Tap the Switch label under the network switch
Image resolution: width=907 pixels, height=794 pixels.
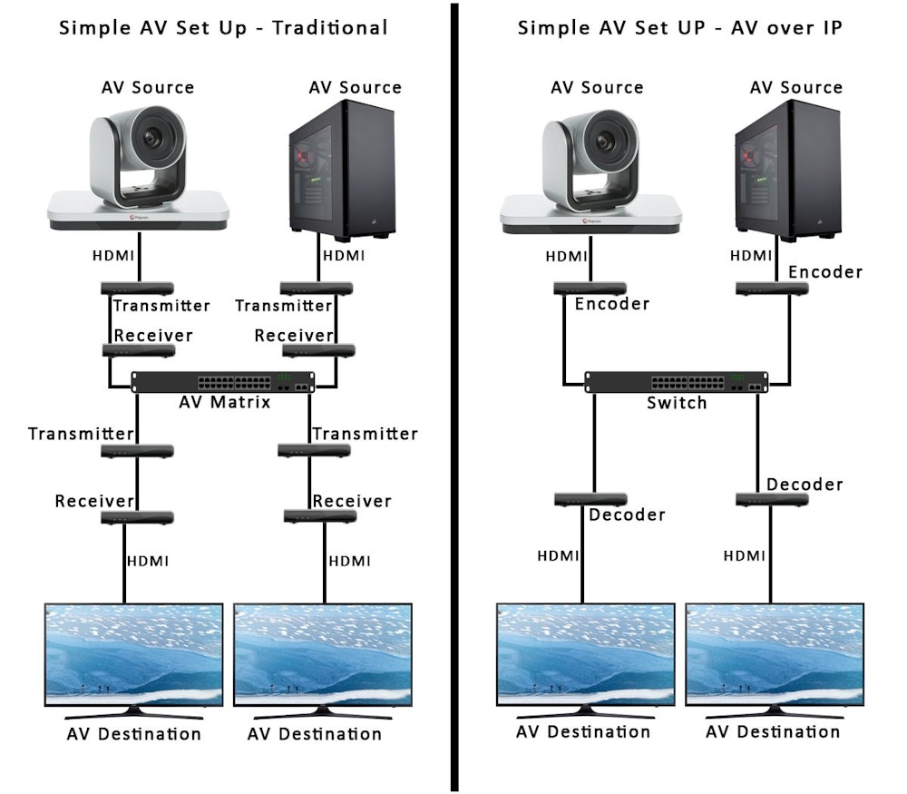click(x=677, y=402)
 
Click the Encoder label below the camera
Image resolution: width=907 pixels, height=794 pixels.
click(x=612, y=304)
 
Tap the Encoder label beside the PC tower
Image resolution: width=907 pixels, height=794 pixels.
click(x=825, y=272)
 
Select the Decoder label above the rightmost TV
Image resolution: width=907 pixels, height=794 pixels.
click(x=805, y=485)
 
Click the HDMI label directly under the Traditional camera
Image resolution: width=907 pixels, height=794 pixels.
click(x=115, y=256)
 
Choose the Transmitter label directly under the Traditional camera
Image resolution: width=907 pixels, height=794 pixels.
click(x=161, y=306)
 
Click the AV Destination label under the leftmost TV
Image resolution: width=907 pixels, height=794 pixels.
click(x=134, y=733)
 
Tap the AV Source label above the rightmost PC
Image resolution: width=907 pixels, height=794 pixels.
click(x=795, y=88)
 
